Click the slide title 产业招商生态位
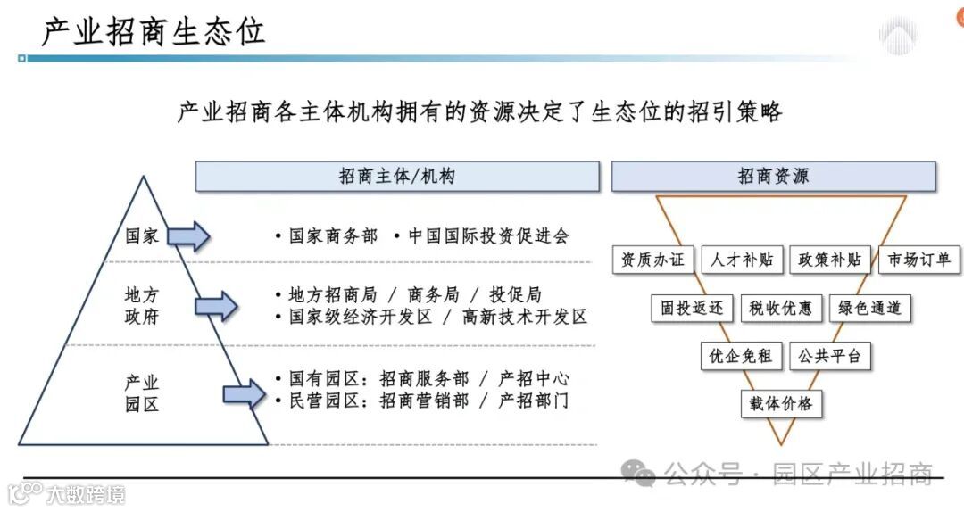(x=153, y=31)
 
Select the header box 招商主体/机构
(x=397, y=177)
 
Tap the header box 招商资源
(x=773, y=177)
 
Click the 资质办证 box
(x=652, y=260)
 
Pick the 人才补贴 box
(x=742, y=260)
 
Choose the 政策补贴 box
(x=830, y=260)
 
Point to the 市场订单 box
(x=919, y=260)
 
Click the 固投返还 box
(x=693, y=309)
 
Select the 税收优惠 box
(x=781, y=309)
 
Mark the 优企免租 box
(x=741, y=356)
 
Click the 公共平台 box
(x=830, y=356)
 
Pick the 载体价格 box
(x=781, y=403)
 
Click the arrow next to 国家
(x=188, y=236)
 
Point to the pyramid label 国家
(x=142, y=236)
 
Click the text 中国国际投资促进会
(x=488, y=236)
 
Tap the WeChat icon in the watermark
(x=639, y=473)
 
